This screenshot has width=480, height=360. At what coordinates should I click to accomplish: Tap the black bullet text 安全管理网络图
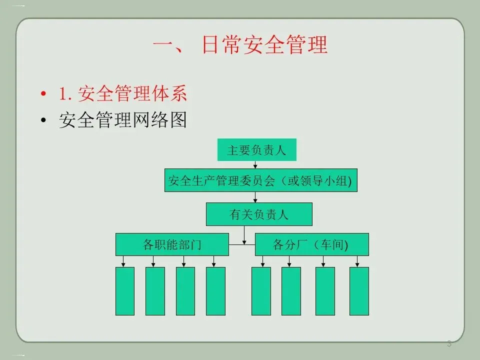click(x=122, y=120)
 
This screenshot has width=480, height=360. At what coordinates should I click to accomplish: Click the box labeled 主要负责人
click(x=256, y=150)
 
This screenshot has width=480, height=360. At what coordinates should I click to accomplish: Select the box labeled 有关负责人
click(x=259, y=214)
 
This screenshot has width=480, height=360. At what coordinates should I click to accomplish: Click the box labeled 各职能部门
click(x=172, y=245)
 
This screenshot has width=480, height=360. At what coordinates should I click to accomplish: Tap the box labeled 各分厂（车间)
click(x=311, y=245)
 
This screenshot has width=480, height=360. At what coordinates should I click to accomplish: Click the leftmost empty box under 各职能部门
click(x=125, y=291)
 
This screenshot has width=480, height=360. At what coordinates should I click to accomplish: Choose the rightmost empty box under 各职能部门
click(x=215, y=291)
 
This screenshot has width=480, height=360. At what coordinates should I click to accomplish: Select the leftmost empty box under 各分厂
click(x=261, y=291)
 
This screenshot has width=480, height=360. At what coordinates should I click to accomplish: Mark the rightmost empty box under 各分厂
click(x=359, y=291)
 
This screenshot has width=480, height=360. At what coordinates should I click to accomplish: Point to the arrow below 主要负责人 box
click(x=255, y=165)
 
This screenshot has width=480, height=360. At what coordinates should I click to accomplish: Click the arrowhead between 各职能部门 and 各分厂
click(x=244, y=243)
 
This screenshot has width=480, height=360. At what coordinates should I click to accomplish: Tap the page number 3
click(x=449, y=343)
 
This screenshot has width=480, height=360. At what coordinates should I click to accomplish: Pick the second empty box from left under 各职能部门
click(x=155, y=291)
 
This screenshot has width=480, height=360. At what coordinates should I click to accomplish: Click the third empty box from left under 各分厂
click(x=325, y=291)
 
